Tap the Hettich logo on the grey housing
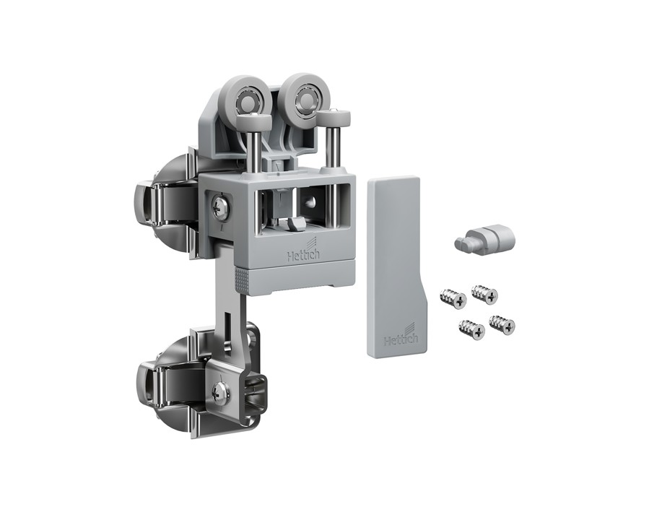point(303,253)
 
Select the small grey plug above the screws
point(484,239)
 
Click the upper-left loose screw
point(453,298)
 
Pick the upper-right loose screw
point(484,294)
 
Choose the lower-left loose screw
point(472,330)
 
